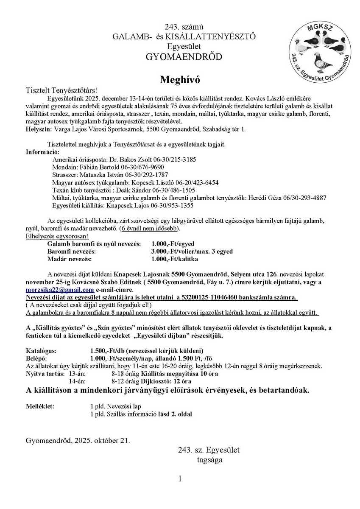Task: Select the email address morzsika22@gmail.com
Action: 60,290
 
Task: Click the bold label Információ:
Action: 43,151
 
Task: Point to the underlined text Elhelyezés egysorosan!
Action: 57,236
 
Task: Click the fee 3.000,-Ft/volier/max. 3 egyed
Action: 192,251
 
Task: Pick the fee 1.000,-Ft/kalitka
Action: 174,259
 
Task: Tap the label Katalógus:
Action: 41,351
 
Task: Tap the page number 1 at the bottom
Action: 180,479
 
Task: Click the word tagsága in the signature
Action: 209,459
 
